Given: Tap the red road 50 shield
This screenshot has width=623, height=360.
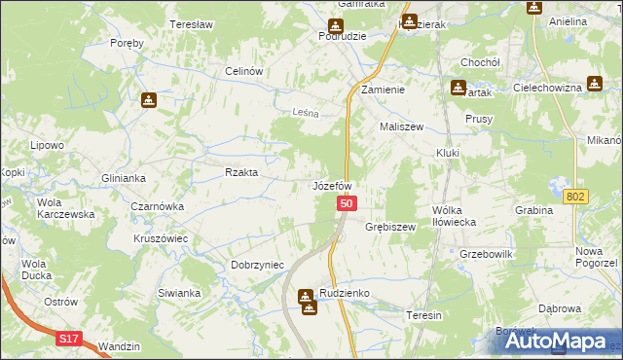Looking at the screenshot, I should (x=348, y=203).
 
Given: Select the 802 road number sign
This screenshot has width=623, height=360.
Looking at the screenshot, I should (x=575, y=197).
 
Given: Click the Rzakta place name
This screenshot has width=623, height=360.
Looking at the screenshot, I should (x=241, y=172).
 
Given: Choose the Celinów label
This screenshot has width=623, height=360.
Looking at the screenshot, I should (x=245, y=71).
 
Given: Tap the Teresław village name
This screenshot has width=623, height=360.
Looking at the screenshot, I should (x=191, y=24).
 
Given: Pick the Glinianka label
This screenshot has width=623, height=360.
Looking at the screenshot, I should (x=124, y=178).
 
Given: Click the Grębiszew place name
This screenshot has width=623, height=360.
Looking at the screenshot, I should (x=390, y=227).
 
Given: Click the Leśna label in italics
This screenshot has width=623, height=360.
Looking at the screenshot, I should (x=307, y=113).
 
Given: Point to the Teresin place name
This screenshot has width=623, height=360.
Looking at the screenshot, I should (x=424, y=315).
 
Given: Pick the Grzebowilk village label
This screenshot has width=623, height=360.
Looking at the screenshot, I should (x=487, y=254).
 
